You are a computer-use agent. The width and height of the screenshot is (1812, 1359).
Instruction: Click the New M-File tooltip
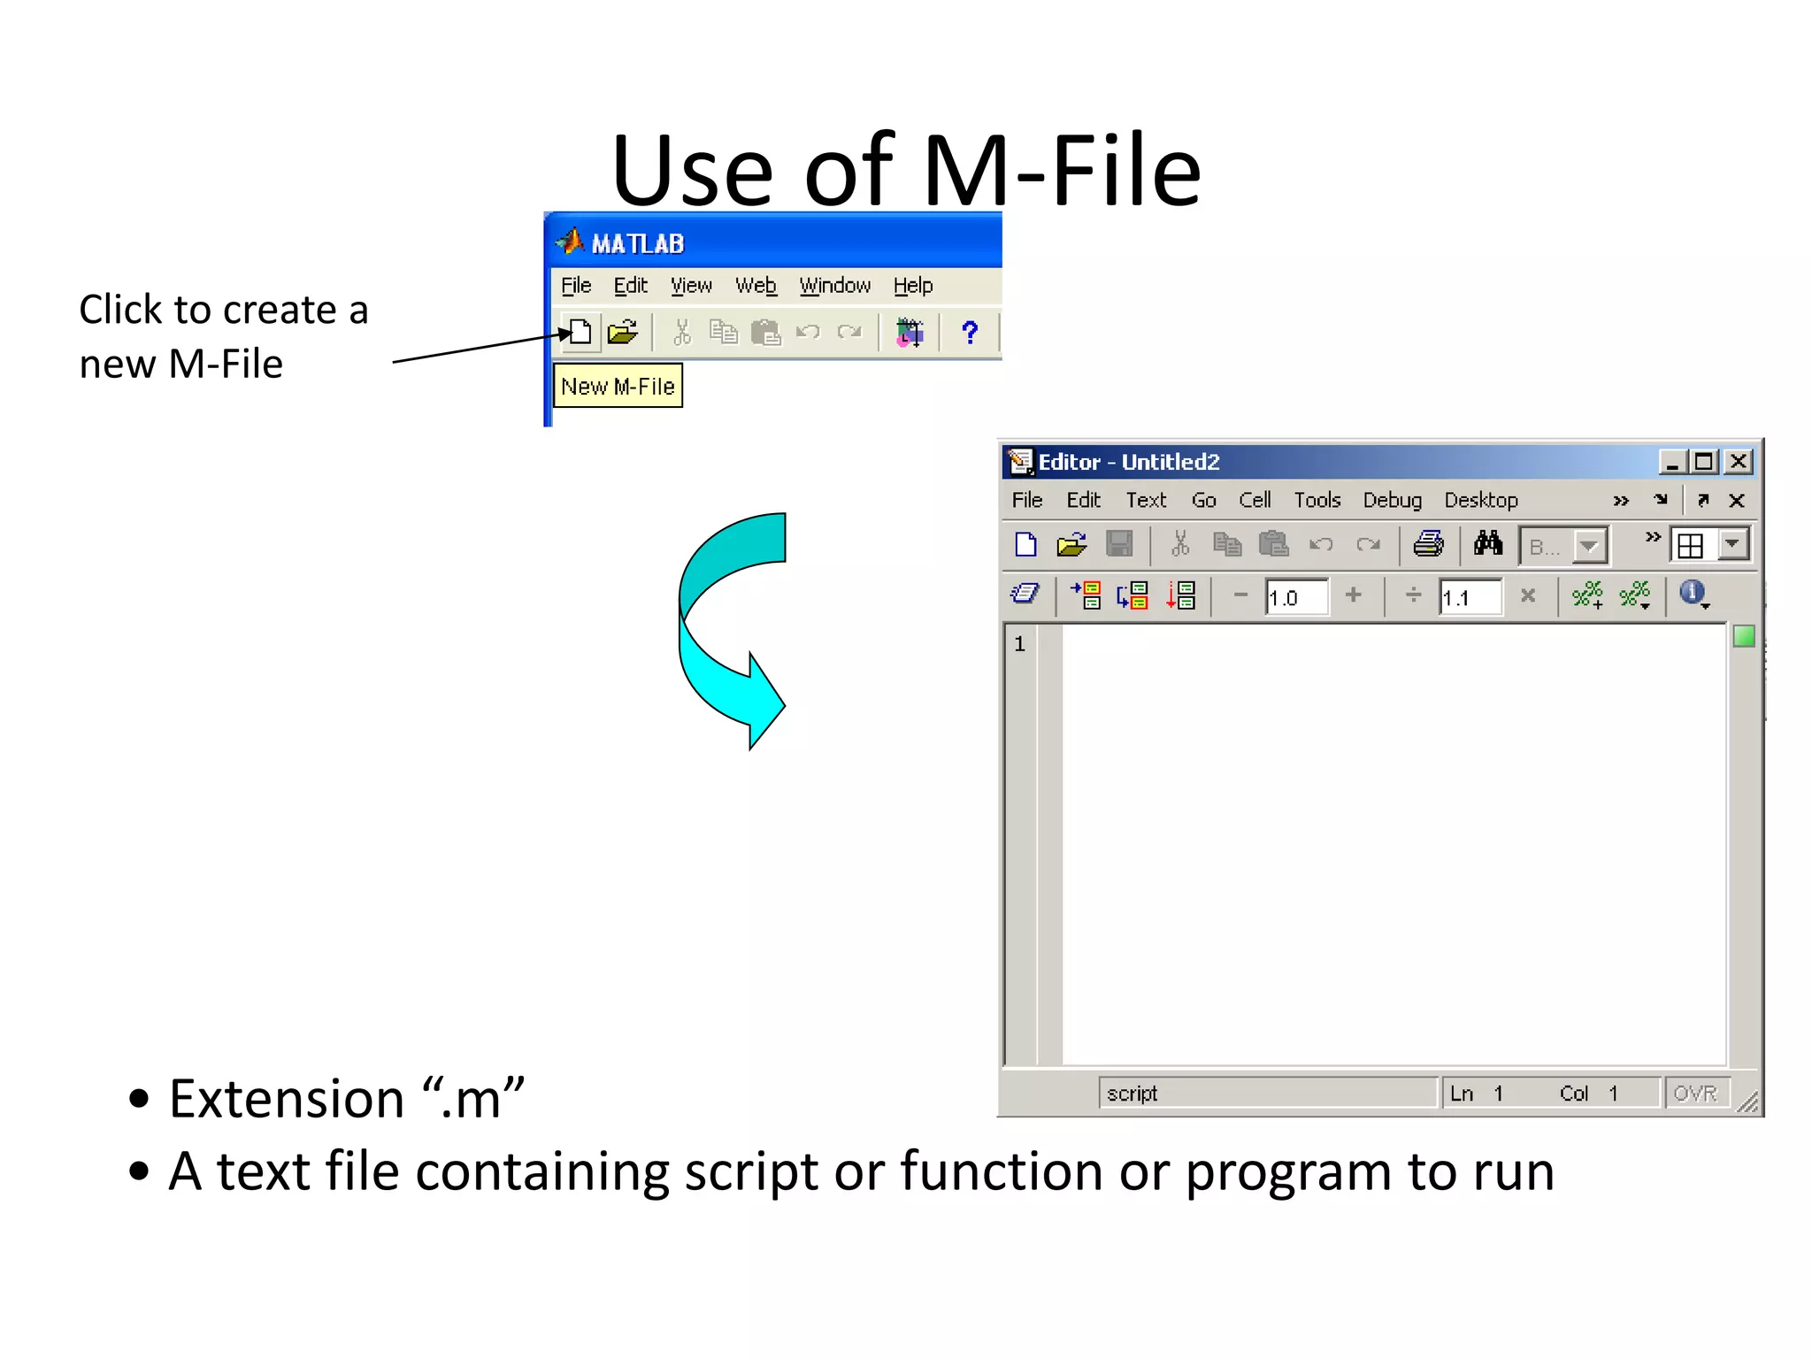coord(618,387)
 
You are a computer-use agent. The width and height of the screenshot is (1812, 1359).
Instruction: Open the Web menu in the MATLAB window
coord(756,286)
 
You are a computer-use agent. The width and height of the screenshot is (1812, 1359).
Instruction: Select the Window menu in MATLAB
coord(834,286)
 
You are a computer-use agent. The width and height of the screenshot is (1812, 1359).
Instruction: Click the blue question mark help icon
coord(970,333)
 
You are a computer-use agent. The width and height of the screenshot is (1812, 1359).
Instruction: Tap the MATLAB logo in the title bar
coord(570,242)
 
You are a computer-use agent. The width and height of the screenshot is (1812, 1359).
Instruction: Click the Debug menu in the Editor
coord(1392,500)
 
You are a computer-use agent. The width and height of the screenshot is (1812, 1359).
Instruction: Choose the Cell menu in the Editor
coord(1255,500)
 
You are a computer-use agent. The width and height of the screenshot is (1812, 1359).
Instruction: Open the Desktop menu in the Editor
coord(1480,500)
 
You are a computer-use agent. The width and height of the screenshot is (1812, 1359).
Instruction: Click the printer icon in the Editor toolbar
coord(1428,544)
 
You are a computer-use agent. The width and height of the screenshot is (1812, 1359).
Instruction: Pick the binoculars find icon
coord(1488,544)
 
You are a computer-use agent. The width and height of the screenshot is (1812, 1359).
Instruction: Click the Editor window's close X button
coord(1738,462)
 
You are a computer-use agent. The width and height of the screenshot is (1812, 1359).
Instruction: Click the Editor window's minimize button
coord(1671,462)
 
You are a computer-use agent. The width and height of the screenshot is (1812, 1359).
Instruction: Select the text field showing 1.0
coord(1295,597)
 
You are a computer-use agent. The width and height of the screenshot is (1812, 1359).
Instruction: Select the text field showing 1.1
coord(1469,597)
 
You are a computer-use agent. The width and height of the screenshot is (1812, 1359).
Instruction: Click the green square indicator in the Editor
coord(1743,636)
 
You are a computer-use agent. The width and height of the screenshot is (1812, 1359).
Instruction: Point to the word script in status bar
coord(1132,1094)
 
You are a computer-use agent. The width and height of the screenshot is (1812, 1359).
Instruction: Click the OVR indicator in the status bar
coord(1694,1094)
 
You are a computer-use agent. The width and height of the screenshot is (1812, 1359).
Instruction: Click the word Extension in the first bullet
coord(287,1099)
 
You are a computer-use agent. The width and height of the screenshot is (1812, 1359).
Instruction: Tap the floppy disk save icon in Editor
coord(1119,544)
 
